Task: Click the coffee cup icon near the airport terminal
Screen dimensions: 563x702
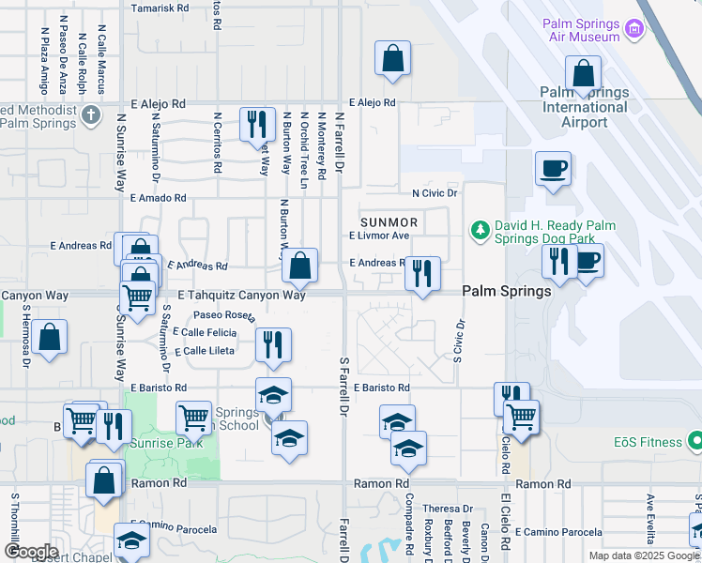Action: tap(553, 169)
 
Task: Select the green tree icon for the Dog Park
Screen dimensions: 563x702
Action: tap(480, 230)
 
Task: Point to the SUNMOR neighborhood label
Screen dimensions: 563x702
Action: tap(388, 221)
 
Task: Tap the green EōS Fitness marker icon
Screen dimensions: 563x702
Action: tap(694, 439)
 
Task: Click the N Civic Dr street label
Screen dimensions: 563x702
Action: tap(434, 193)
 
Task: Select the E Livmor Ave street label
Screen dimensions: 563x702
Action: tap(379, 236)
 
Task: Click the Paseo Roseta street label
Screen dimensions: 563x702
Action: tap(224, 315)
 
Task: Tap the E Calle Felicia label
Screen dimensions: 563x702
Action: tap(205, 333)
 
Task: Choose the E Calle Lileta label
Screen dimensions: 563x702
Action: tap(203, 351)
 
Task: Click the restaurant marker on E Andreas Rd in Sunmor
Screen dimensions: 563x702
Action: tap(422, 274)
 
